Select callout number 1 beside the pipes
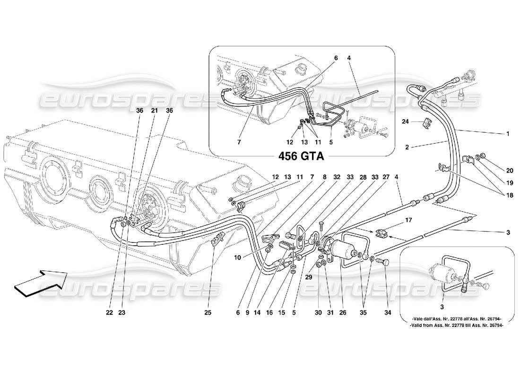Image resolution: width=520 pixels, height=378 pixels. tap(508, 134)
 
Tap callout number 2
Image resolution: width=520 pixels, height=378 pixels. tap(407, 147)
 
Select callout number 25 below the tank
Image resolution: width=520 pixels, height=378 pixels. tap(208, 312)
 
